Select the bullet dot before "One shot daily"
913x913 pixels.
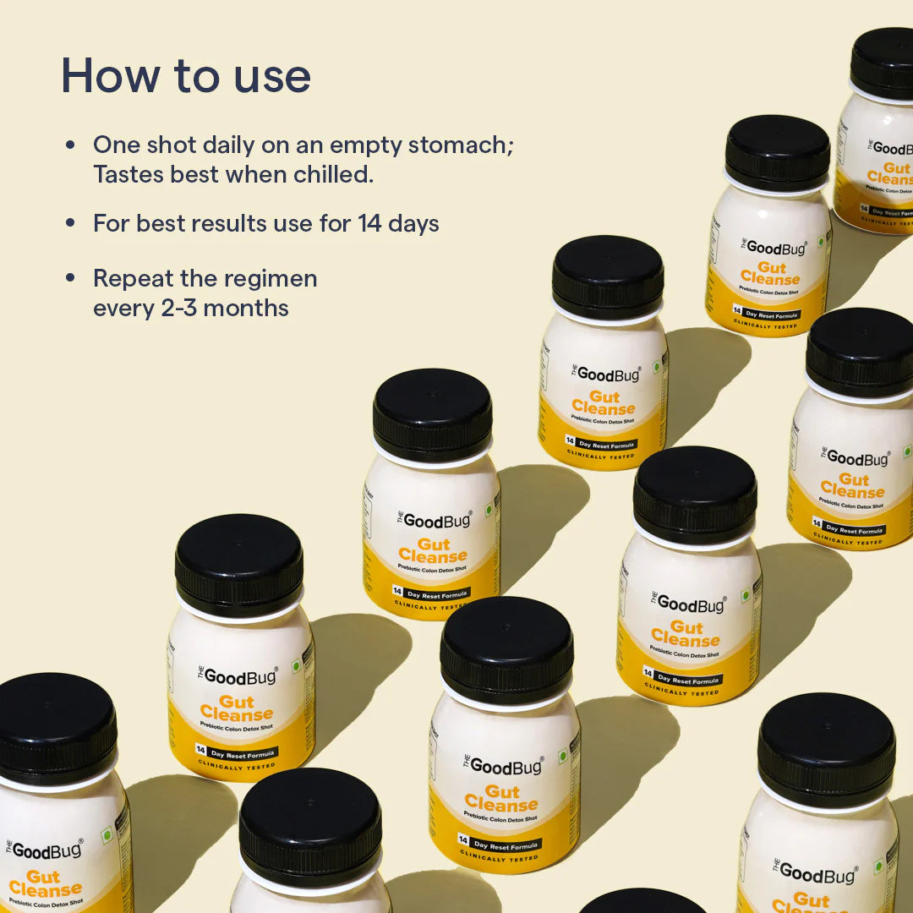pyautogui.click(x=71, y=145)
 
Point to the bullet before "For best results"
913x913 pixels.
pyautogui.click(x=71, y=224)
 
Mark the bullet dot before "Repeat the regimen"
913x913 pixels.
pyautogui.click(x=71, y=278)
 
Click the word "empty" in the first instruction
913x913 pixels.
pyautogui.click(x=366, y=145)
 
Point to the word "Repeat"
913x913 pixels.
pyautogui.click(x=129, y=278)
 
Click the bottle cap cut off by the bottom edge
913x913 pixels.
pyautogui.click(x=642, y=902)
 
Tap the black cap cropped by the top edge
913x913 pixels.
pyautogui.click(x=883, y=59)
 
